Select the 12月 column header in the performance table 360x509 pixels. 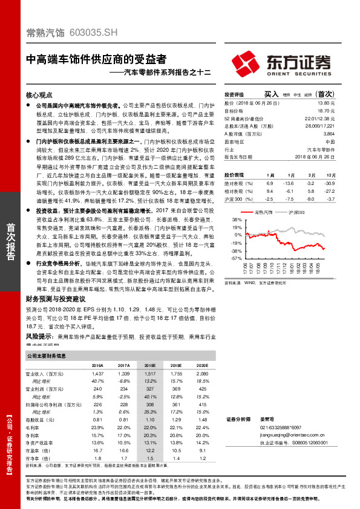(328, 173)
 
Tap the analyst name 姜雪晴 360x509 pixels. (267, 418)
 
